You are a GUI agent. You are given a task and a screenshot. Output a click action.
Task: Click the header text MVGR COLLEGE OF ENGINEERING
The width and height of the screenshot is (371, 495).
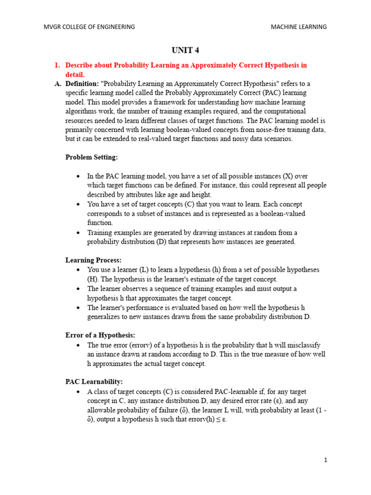click(x=89, y=27)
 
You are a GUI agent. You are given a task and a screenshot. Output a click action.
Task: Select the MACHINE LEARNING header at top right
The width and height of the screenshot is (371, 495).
click(x=299, y=27)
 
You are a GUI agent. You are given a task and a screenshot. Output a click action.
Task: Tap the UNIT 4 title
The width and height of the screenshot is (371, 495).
click(x=185, y=50)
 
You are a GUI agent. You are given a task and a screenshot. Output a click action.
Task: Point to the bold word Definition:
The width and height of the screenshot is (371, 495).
click(x=82, y=84)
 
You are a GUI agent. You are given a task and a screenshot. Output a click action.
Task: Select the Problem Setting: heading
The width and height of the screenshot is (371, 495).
click(x=91, y=158)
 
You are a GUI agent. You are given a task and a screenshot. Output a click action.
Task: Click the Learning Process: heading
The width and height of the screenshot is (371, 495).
click(x=93, y=260)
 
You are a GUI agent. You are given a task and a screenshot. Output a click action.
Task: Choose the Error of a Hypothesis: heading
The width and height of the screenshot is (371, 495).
click(x=100, y=335)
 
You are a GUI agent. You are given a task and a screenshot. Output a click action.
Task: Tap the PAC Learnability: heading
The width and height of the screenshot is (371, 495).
click(x=94, y=382)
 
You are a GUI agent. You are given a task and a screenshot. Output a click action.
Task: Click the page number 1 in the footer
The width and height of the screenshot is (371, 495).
click(x=326, y=460)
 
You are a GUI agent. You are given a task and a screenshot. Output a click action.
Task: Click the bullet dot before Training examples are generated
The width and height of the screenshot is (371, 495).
click(x=78, y=233)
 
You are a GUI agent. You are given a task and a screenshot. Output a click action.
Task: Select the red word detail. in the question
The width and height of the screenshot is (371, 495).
click(x=75, y=74)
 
